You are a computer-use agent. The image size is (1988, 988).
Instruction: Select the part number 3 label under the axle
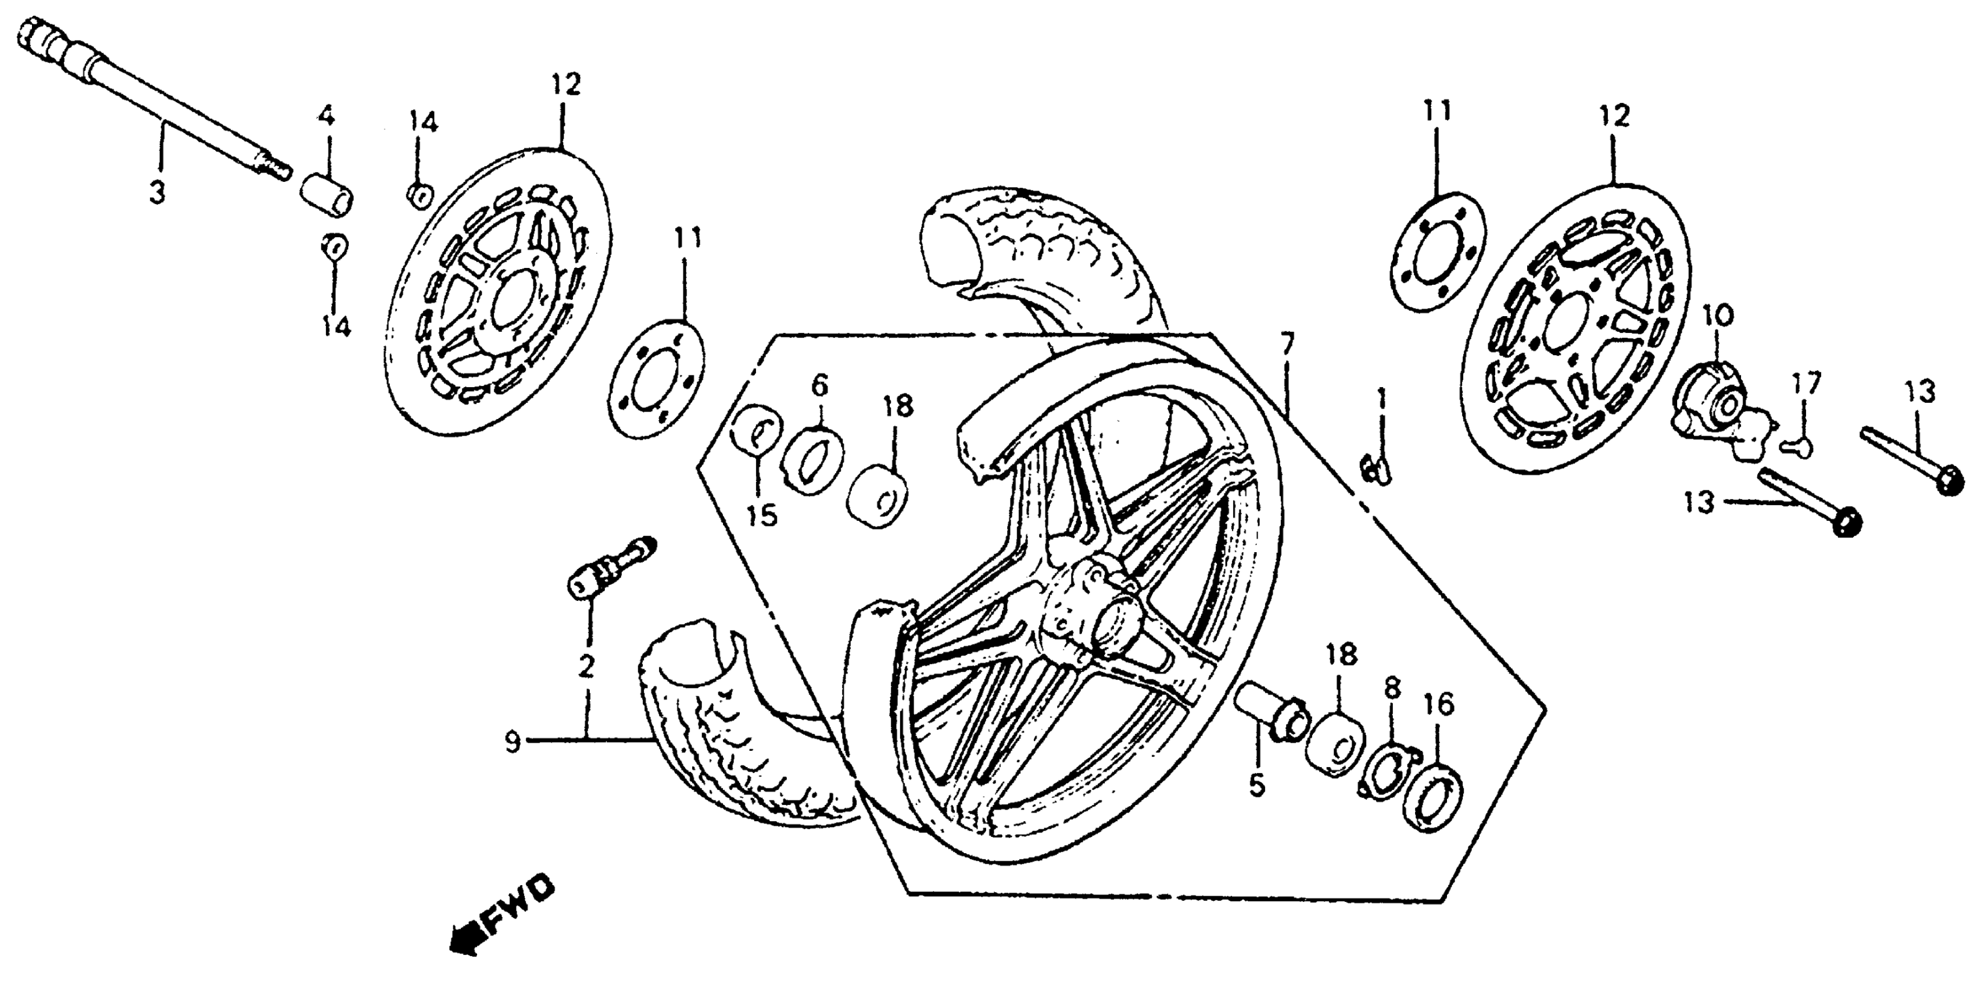157,191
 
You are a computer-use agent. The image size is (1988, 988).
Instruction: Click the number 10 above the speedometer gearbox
1717,317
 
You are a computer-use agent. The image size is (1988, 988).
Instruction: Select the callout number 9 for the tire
513,743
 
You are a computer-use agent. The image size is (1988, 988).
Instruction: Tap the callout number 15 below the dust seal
762,515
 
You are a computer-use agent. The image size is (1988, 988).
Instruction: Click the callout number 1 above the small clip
1381,400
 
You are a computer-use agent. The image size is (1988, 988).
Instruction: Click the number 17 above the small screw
1807,384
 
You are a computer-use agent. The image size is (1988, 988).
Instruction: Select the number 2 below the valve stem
586,665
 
